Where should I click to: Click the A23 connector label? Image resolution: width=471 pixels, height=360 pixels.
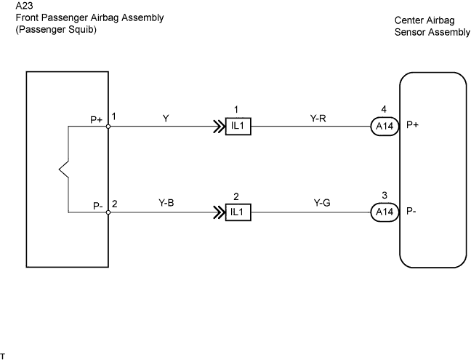pos(24,6)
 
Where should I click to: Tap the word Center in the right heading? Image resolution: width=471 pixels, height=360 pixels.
pos(408,20)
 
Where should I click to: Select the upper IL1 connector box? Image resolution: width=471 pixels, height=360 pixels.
pos(238,127)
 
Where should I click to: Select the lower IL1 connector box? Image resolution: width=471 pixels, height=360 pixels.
pos(238,212)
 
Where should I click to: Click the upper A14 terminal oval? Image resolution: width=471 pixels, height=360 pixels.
pos(385,127)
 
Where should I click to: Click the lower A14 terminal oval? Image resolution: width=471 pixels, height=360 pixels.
pos(385,212)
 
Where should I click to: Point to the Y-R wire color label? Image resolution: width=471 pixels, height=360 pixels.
pos(318,119)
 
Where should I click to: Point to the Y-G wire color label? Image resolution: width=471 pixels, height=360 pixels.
pos(322,203)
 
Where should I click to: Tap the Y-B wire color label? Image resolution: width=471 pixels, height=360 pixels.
pos(166,203)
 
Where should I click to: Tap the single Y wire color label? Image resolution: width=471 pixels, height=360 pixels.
pos(166,119)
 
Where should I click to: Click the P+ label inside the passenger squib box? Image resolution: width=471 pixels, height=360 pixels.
pos(97,120)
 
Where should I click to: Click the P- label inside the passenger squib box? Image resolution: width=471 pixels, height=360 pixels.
pos(98,206)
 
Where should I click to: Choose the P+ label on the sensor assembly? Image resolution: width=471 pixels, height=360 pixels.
pos(412,124)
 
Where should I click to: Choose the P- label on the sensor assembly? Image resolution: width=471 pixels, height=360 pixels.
pos(411,211)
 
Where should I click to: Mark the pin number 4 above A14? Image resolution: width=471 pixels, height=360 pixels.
pos(384,109)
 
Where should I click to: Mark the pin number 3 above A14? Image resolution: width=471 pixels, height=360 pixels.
pos(385,196)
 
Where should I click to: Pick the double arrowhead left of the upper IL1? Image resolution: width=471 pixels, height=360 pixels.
pos(219,127)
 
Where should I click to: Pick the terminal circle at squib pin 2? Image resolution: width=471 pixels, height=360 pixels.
pos(108,212)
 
